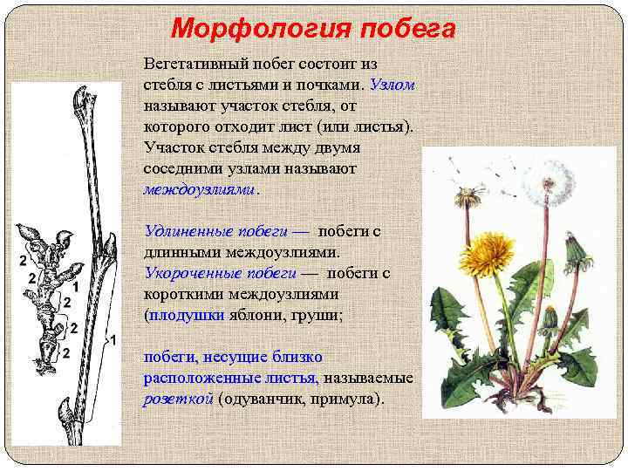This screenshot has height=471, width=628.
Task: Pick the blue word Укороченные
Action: pyautogui.click(x=184, y=273)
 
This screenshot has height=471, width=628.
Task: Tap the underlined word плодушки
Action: pyautogui.click(x=187, y=315)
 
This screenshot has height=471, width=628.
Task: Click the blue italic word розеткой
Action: pyautogui.click(x=179, y=399)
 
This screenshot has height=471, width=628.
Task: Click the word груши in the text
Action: pyautogui.click(x=317, y=315)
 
